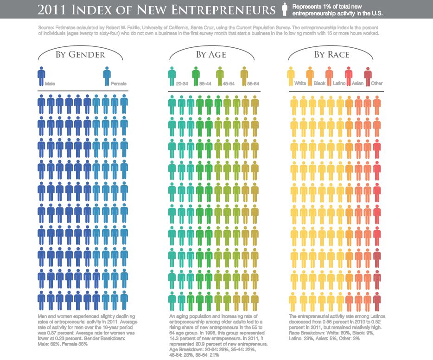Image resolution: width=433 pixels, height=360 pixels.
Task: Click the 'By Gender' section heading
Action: tap(80, 55)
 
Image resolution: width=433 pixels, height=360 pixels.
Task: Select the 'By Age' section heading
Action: tap(211, 55)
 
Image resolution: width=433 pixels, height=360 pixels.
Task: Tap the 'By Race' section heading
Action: tap(331, 55)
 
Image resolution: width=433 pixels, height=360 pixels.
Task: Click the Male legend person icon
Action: tap(41, 75)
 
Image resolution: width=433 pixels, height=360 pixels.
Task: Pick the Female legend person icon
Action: tap(107, 75)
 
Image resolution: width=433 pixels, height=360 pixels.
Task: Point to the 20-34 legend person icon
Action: tap(172, 75)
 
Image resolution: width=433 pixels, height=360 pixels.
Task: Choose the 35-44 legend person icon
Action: tap(196, 75)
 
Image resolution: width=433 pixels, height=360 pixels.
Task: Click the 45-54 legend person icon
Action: tap(220, 75)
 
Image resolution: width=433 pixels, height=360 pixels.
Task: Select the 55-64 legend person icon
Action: tap(244, 75)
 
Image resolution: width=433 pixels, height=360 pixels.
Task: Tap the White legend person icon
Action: tap(291, 75)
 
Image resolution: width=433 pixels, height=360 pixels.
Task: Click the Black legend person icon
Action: tap(310, 75)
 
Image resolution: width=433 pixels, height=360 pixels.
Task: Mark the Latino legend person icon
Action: tap(329, 75)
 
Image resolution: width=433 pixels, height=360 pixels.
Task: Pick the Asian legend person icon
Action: tap(349, 75)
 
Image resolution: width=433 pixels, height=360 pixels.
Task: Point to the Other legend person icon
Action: tap(368, 75)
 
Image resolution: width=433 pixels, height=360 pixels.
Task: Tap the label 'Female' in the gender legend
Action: tap(119, 84)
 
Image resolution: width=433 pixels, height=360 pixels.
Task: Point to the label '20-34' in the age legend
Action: tap(182, 84)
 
